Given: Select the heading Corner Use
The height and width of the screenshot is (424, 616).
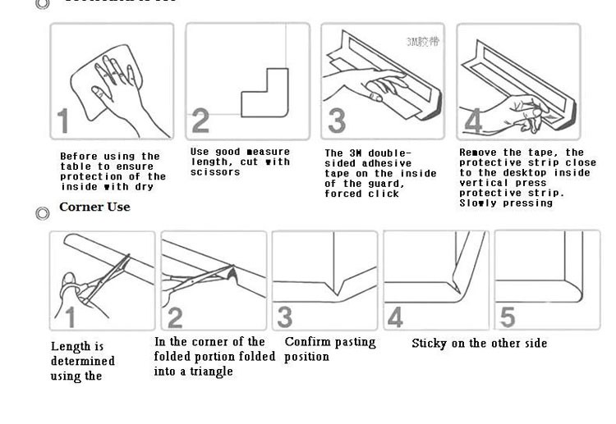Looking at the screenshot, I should (x=94, y=207).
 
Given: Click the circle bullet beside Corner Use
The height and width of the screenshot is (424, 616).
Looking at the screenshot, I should (x=43, y=213).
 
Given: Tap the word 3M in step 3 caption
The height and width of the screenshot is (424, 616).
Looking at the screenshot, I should (x=355, y=153).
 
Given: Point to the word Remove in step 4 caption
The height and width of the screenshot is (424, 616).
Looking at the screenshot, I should (x=477, y=153).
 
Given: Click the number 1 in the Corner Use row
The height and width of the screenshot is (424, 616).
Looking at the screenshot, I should (x=71, y=317).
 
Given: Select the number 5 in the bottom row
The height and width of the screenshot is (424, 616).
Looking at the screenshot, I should (x=508, y=317).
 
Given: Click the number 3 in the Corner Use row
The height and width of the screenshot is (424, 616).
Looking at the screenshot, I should (x=285, y=317).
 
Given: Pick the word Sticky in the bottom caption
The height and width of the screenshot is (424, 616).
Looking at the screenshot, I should (x=430, y=344).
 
